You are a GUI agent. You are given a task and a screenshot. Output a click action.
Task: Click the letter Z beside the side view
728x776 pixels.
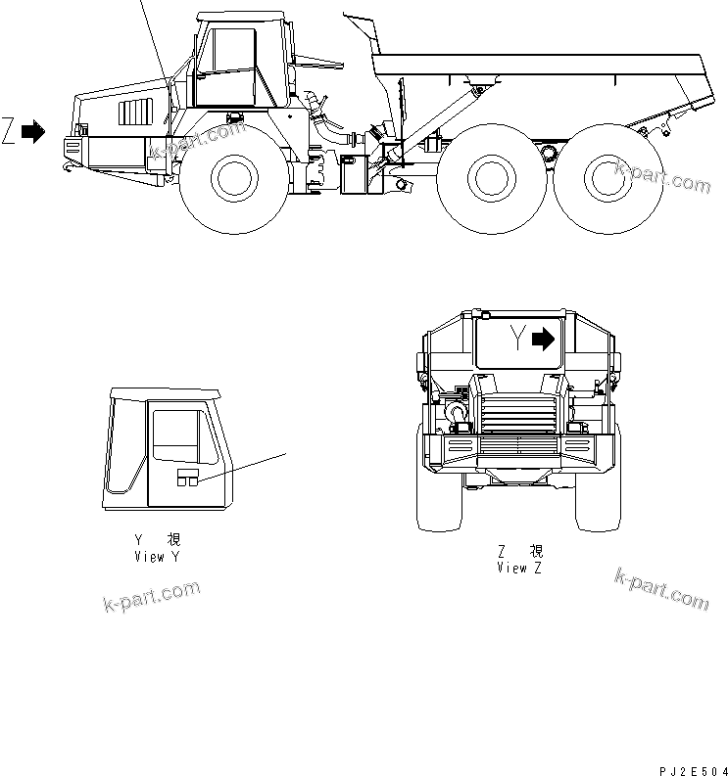coord(10,133)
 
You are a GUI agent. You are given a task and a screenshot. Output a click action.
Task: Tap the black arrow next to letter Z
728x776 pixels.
coord(33,133)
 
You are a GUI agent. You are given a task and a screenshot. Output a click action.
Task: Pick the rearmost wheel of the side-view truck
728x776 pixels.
coord(607,178)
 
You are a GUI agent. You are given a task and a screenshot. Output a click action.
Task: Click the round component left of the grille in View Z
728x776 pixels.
coord(457,415)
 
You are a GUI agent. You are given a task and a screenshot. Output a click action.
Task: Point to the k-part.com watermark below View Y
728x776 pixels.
coord(151,598)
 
